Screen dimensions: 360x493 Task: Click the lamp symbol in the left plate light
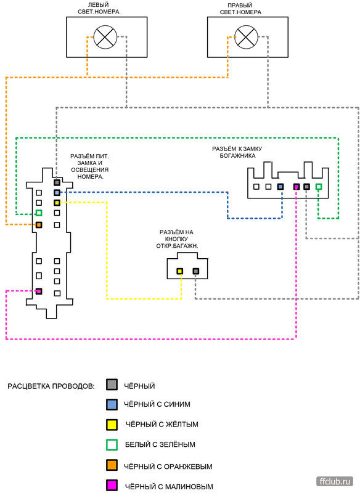(105, 37)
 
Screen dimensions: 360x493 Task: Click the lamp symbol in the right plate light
(246, 37)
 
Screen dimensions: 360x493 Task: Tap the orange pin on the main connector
(39, 225)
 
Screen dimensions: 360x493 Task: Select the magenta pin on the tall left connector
(39, 291)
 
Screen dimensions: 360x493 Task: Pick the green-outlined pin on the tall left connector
(39, 213)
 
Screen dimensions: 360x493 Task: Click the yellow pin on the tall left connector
(57, 203)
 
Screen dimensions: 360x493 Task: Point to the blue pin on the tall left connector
(57, 192)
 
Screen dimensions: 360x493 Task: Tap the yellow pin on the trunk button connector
(179, 271)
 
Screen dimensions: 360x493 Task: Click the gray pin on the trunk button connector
(196, 271)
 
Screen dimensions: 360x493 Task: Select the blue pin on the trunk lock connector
(280, 187)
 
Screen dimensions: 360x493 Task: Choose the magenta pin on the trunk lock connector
(296, 187)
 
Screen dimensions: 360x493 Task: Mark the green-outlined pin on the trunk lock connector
(319, 187)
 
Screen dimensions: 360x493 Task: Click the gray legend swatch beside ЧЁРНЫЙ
(112, 385)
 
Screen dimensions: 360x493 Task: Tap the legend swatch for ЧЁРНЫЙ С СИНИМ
(112, 404)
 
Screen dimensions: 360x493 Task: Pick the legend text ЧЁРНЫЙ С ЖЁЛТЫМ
(162, 425)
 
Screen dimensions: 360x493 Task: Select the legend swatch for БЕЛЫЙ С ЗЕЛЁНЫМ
(112, 445)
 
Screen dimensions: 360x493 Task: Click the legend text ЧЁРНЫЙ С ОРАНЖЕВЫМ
(168, 467)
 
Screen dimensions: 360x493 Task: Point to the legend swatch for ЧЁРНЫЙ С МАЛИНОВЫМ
(112, 485)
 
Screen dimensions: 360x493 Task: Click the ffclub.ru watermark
(335, 481)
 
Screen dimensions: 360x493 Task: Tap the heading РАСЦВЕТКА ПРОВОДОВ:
(51, 386)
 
